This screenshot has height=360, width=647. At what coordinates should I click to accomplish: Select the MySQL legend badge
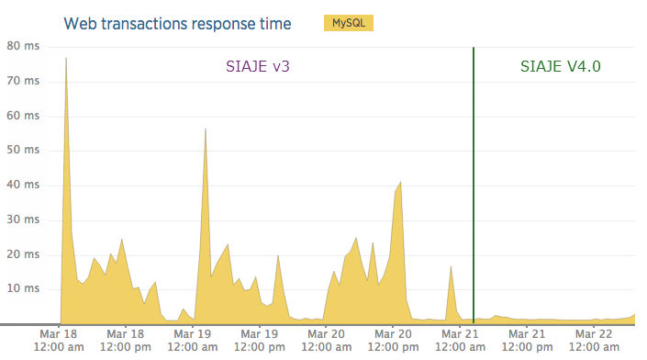(347, 23)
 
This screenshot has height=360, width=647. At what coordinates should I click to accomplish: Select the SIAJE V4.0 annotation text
(561, 66)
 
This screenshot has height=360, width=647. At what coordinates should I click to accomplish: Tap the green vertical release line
(474, 184)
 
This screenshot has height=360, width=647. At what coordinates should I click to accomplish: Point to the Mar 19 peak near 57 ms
(205, 129)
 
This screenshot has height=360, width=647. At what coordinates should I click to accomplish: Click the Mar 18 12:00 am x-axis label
(59, 340)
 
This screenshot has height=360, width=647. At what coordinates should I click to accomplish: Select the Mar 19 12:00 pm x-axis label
(260, 340)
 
